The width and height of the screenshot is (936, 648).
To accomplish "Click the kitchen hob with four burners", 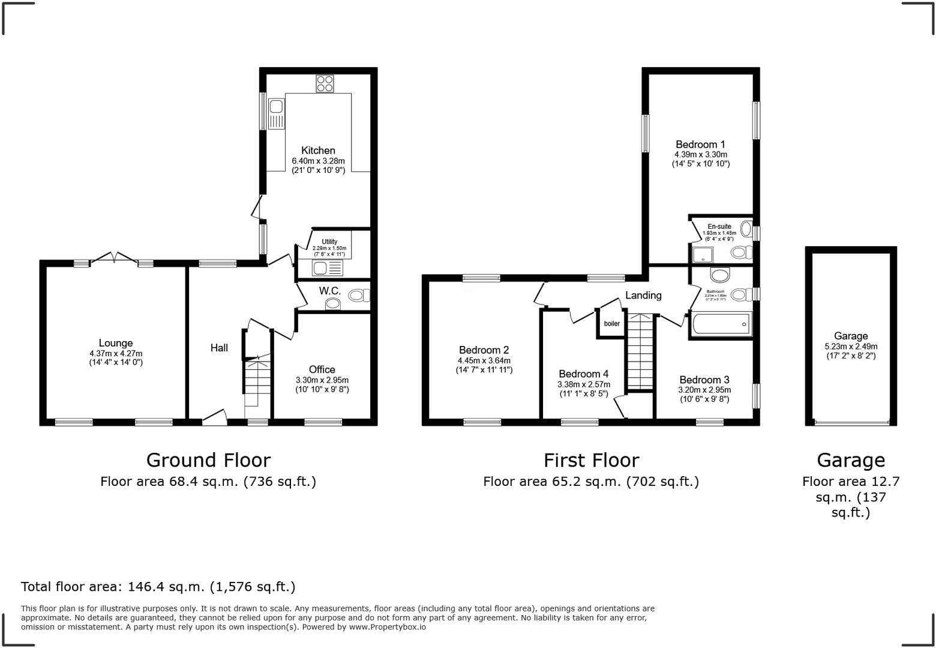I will (325, 83).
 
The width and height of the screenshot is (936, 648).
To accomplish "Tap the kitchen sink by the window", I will (277, 114).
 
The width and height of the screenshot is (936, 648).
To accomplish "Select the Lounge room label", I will (116, 343).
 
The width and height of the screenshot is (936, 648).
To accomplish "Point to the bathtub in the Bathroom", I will (721, 325).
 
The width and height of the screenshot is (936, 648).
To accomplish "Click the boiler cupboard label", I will (611, 324).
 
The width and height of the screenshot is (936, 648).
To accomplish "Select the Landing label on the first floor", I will (643, 295).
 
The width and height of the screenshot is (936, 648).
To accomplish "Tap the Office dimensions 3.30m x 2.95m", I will (322, 380).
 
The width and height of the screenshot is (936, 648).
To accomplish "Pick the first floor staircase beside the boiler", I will (640, 352).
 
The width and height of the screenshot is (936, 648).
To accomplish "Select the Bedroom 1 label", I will (700, 144).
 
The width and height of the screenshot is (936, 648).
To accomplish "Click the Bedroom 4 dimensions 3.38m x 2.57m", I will (583, 384).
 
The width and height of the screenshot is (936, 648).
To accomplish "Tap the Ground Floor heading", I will (208, 460).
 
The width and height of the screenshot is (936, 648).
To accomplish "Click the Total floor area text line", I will (158, 586).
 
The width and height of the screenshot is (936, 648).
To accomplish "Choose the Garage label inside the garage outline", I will (850, 336).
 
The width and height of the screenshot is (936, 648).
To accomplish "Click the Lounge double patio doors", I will (114, 259).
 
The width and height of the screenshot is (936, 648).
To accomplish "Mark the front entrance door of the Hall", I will (214, 418).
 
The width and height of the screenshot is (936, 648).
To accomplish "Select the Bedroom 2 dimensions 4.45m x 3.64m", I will (484, 360).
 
